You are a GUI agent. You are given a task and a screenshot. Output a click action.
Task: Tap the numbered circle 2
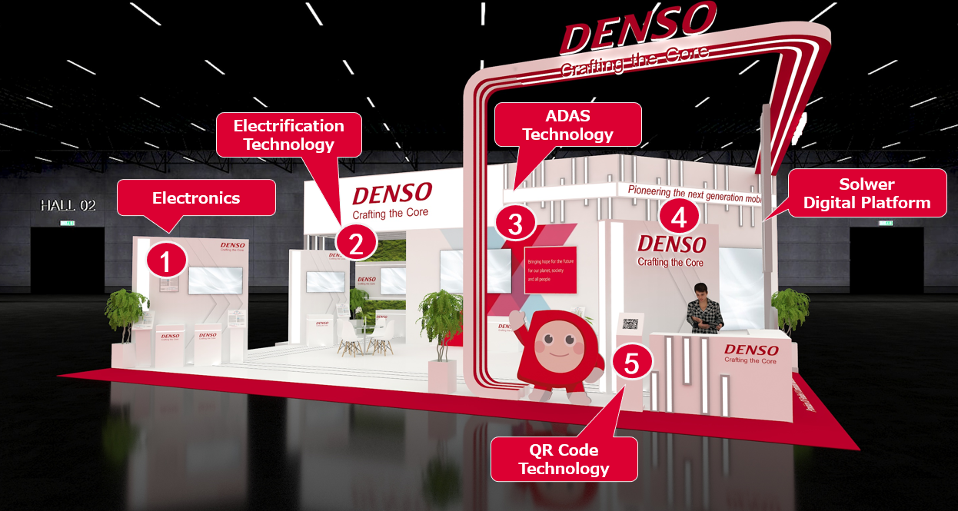(x=355, y=243)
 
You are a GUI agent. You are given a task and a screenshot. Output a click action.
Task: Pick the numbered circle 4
(x=678, y=217)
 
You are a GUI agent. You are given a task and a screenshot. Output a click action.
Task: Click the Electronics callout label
(x=196, y=198)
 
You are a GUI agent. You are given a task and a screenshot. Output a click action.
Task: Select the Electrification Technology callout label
(x=288, y=134)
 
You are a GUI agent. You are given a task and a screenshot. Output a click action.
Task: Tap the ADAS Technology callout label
(x=567, y=124)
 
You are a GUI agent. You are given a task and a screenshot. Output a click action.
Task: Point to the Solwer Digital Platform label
(x=867, y=194)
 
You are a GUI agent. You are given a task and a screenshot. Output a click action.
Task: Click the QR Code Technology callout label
(x=564, y=459)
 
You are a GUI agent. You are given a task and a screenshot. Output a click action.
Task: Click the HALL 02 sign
(x=68, y=205)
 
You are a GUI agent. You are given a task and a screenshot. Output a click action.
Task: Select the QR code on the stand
(x=630, y=324)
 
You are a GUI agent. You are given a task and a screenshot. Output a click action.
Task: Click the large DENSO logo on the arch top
(x=638, y=28)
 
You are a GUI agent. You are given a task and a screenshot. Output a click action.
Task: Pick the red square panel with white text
(x=550, y=270)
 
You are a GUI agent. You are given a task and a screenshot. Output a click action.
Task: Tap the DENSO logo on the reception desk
(x=750, y=351)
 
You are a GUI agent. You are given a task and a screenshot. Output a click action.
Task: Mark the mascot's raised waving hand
(x=514, y=319)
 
